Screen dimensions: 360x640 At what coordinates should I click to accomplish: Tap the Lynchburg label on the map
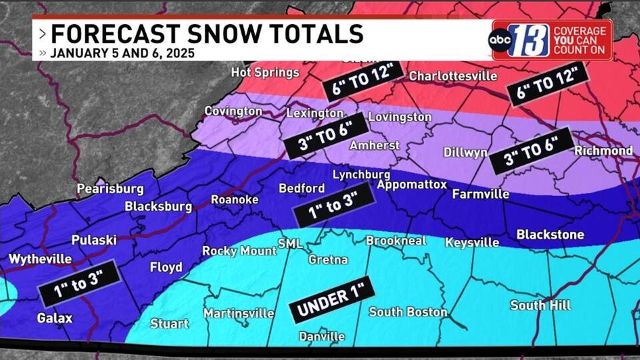[x=361, y=174]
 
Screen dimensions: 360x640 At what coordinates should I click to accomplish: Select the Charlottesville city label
[x=453, y=76]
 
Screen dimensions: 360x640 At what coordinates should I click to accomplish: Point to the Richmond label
[x=603, y=151]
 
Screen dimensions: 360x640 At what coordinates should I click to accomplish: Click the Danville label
[x=322, y=336]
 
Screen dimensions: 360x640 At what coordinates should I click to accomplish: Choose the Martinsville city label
[x=239, y=313]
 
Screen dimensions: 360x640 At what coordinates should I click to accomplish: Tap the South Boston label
[x=408, y=311]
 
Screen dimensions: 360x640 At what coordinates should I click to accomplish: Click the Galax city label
[x=55, y=318]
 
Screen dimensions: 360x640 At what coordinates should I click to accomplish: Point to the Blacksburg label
[x=159, y=207]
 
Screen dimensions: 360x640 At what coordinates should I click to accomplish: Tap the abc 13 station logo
[x=520, y=41]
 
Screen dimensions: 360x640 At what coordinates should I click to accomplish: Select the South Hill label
[x=541, y=305]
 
